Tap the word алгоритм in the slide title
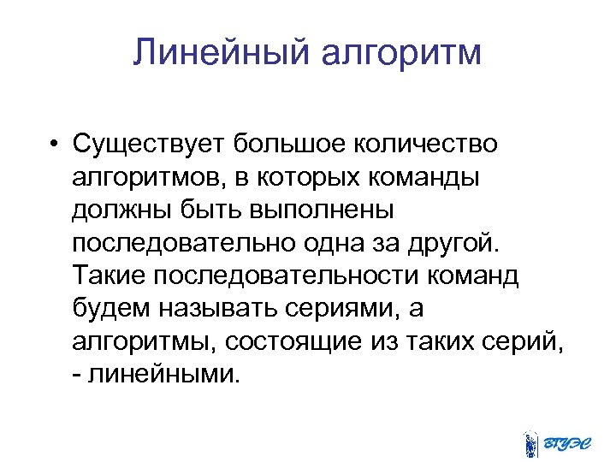click(x=401, y=53)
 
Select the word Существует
click(x=148, y=144)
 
